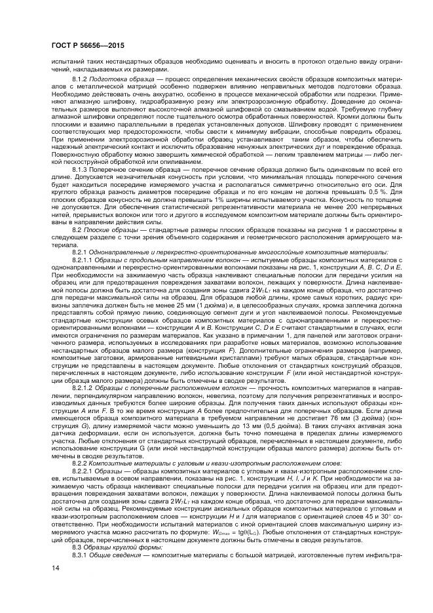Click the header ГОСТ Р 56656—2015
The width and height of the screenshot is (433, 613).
click(88, 46)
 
